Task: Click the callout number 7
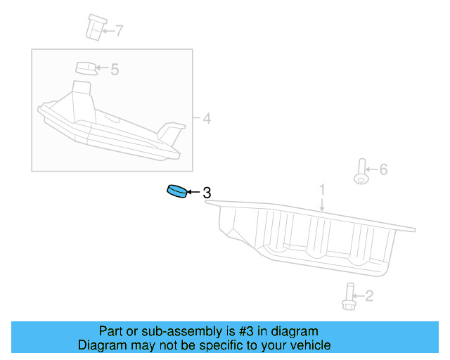click(119, 30)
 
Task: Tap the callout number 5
click(115, 69)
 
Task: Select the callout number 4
click(206, 118)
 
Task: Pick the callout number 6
click(383, 169)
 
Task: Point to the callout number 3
click(207, 192)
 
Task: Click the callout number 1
click(323, 189)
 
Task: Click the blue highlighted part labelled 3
click(176, 191)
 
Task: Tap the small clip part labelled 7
click(93, 27)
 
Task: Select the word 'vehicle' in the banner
click(309, 345)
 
